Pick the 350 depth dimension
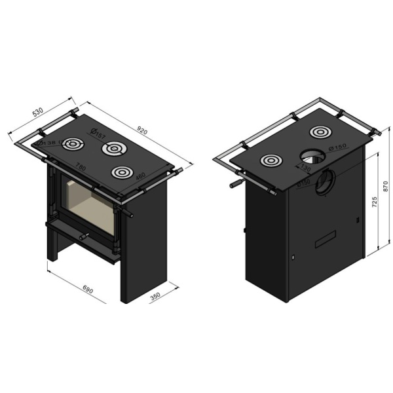click(155, 296)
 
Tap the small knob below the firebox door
click(83, 235)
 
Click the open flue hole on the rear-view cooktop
click(311, 156)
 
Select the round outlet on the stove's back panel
click(323, 183)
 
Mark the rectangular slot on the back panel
click(325, 242)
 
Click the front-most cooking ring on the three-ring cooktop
click(120, 172)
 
